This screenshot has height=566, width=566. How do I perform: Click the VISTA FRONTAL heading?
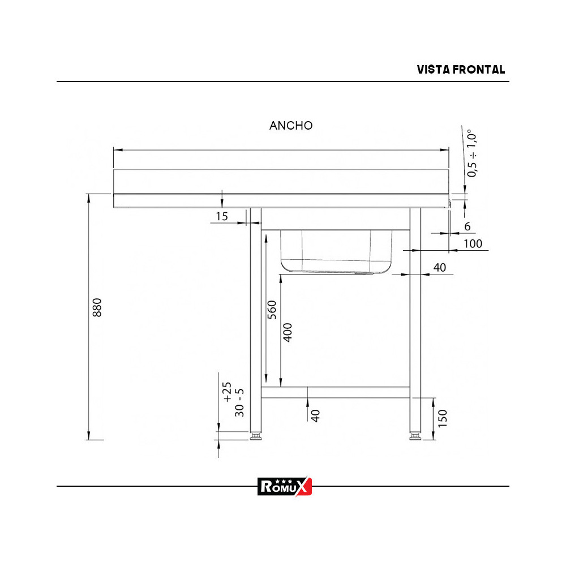461,70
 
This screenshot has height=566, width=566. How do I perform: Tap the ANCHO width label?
291,126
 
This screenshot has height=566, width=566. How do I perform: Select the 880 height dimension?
97,307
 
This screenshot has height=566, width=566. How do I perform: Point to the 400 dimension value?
288,332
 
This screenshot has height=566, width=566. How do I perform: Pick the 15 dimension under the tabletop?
221,216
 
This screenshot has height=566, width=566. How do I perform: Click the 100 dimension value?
472,243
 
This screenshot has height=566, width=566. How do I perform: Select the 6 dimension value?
467,226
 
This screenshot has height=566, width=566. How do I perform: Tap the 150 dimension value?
443,418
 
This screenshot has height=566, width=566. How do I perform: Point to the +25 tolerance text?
227,392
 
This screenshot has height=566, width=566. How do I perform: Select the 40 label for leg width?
439,268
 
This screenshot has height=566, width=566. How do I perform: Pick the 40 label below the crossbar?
316,415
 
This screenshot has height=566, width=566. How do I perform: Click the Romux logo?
284,486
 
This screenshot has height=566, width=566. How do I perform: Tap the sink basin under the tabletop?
336,251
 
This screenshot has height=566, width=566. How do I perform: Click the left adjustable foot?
256,436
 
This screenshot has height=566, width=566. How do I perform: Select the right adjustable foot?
415,436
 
